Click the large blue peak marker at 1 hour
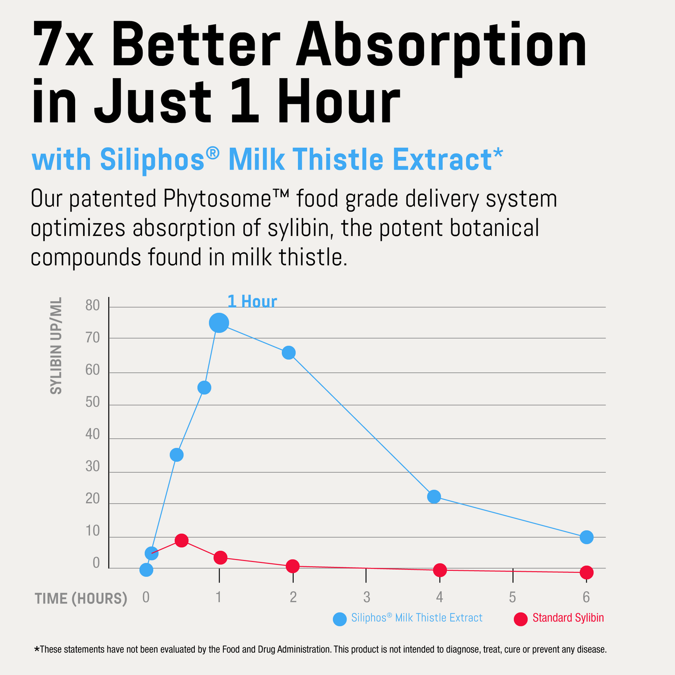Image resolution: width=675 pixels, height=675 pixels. point(219,322)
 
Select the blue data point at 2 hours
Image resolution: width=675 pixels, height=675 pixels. point(289,353)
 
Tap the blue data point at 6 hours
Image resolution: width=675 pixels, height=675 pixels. point(587,537)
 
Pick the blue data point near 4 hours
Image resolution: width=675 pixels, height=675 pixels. point(434,496)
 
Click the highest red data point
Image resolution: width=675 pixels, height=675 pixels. point(181,540)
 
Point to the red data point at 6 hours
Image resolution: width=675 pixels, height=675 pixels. point(587,572)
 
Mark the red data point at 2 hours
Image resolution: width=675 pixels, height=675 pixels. point(292,566)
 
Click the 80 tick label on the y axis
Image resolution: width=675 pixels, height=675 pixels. point(93,306)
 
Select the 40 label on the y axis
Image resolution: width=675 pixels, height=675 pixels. point(93,434)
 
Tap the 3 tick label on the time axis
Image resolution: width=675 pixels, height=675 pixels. point(367,597)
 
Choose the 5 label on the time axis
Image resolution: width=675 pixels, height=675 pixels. point(512,597)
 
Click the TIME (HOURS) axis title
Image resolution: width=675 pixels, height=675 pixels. point(81,598)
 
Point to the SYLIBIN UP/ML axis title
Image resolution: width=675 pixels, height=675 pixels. point(56,346)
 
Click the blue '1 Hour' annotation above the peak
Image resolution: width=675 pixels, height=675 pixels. point(252,302)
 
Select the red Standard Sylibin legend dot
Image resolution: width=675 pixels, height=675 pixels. point(520,619)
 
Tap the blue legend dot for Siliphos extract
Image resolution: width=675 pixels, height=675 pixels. point(340,619)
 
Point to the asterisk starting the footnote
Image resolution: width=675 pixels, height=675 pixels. point(37,649)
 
